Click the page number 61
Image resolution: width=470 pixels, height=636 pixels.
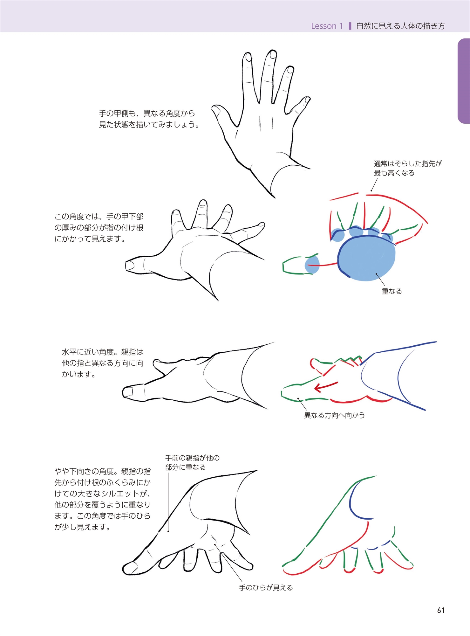[x=441, y=610]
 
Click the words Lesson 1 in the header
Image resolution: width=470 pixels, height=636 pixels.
[x=327, y=26]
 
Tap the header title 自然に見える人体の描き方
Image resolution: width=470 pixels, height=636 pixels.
[x=400, y=26]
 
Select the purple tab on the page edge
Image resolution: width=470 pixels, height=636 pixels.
[x=464, y=81]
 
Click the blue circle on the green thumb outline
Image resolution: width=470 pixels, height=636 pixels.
[x=312, y=265]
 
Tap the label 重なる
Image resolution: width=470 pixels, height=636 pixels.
[x=392, y=291]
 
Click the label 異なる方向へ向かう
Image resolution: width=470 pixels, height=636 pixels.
[x=334, y=415]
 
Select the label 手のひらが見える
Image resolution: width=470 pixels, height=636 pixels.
[x=266, y=588]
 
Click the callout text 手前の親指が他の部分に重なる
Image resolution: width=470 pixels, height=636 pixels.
[x=192, y=463]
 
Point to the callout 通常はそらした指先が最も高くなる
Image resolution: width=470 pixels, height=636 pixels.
[x=408, y=168]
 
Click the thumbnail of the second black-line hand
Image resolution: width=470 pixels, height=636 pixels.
[x=129, y=266]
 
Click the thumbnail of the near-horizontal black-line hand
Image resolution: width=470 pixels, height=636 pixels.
[x=128, y=393]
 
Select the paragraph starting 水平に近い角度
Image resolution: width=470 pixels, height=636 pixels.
[x=103, y=363]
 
